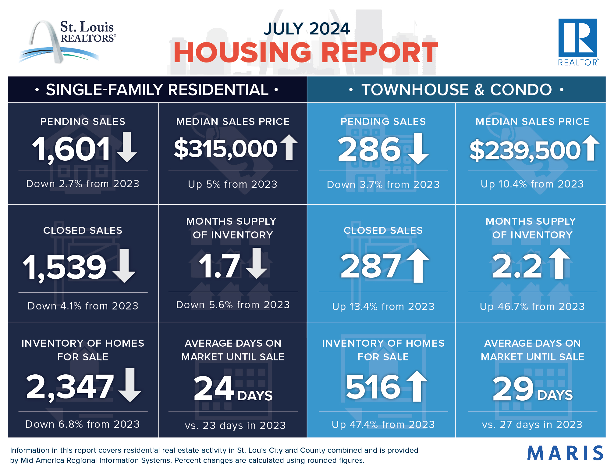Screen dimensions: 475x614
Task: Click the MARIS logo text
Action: [x=565, y=453]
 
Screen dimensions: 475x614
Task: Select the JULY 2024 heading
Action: [x=307, y=29]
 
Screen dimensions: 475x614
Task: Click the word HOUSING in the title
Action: [x=242, y=53]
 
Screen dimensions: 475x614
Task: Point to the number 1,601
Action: [x=72, y=149]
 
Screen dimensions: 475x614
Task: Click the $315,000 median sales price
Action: [x=225, y=149]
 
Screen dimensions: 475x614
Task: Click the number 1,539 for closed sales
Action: [x=65, y=267]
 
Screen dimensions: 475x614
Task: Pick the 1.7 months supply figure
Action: [x=219, y=266]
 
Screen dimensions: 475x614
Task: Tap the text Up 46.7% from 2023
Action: [x=532, y=306]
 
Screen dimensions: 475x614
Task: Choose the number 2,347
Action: [x=70, y=387]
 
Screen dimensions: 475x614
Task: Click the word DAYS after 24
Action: [x=255, y=396]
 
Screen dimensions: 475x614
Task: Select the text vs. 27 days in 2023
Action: [x=532, y=424]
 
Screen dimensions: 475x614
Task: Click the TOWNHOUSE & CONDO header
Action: [x=456, y=90]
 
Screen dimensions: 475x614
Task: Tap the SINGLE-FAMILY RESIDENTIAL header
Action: [x=157, y=90]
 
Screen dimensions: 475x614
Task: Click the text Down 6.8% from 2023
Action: [x=83, y=424]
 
